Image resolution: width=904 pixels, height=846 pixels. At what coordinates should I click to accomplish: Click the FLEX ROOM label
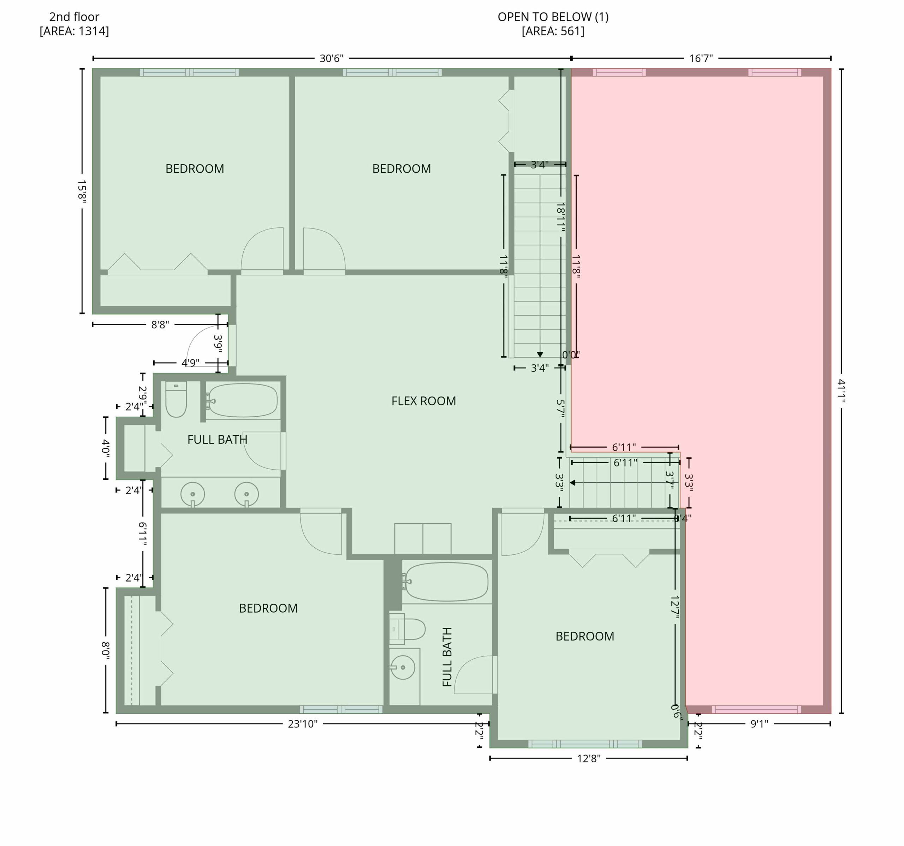[423, 401]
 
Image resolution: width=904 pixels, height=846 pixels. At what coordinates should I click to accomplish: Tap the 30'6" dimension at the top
[332, 58]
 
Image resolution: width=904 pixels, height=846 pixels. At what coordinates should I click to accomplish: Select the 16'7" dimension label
[701, 58]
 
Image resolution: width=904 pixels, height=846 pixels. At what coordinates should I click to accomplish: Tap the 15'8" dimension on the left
[82, 191]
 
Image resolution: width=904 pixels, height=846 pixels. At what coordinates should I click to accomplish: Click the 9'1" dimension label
[759, 724]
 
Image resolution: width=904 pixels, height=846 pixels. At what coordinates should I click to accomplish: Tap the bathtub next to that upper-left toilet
[243, 400]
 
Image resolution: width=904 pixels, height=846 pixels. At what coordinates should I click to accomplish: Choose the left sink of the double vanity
[193, 494]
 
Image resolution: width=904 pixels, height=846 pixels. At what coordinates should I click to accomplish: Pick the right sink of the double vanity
[246, 494]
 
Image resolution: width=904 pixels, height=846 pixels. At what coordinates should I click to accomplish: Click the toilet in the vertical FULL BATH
[407, 629]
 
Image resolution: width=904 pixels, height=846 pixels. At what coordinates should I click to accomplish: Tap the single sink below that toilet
[403, 667]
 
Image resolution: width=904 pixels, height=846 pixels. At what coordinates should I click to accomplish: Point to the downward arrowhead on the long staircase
[540, 355]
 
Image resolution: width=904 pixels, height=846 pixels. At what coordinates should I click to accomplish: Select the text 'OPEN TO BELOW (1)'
[553, 17]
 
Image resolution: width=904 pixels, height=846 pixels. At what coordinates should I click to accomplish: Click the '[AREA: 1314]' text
[74, 31]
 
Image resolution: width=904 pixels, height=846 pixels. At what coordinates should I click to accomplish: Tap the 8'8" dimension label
[160, 324]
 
